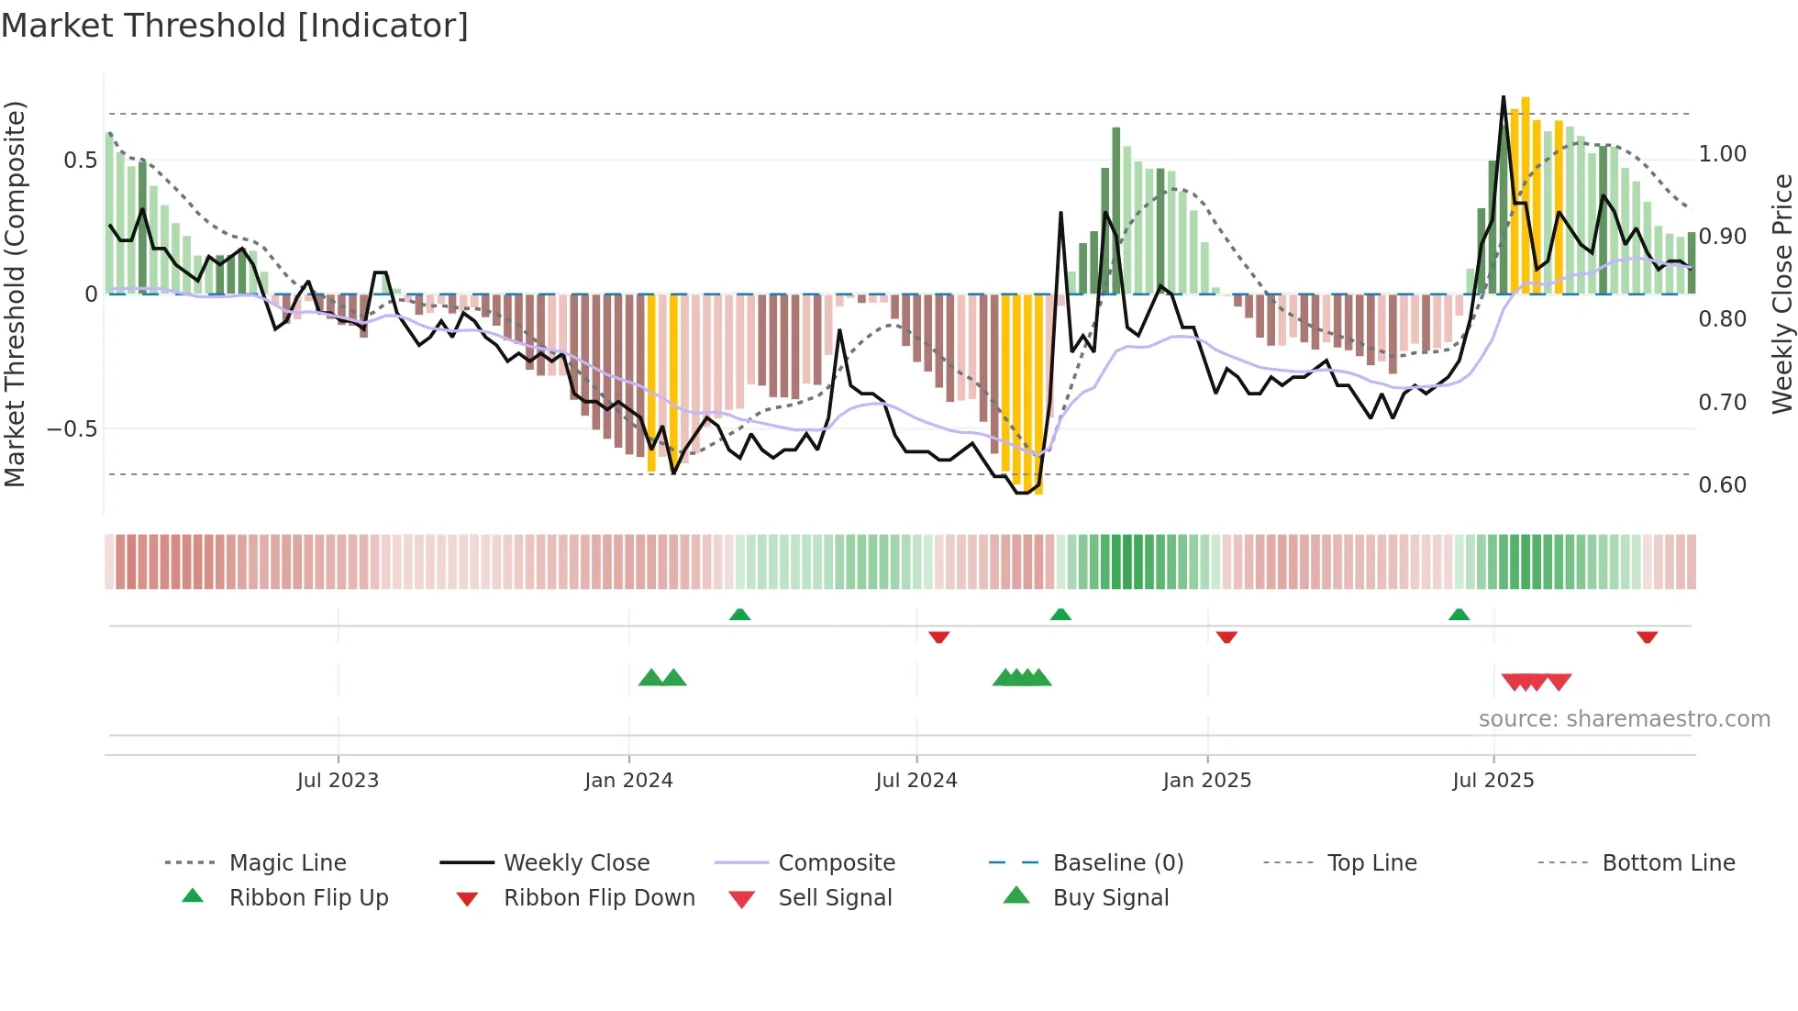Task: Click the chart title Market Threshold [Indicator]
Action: (x=235, y=26)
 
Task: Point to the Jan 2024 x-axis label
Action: (x=628, y=781)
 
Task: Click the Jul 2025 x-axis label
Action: (x=1493, y=781)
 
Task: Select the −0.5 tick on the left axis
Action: (x=72, y=429)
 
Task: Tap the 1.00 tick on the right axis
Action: (x=1722, y=154)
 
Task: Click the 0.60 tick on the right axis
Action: (x=1722, y=485)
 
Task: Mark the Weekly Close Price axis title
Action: (x=1781, y=294)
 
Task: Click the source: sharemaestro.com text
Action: (x=1624, y=719)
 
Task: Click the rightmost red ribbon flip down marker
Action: (x=1647, y=637)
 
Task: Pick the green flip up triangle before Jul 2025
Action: (x=1459, y=615)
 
